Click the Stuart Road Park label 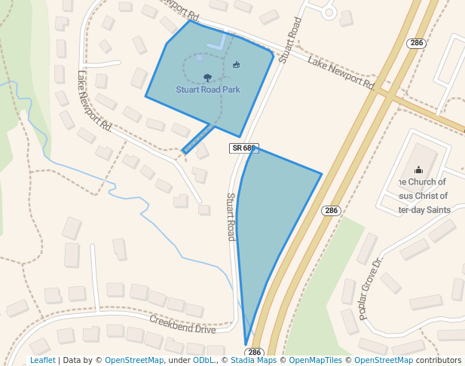(208, 90)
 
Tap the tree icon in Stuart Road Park (207, 78)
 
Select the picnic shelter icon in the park (237, 65)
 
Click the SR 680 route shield (244, 148)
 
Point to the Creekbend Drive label (182, 324)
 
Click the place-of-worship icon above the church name (419, 170)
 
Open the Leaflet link (42, 360)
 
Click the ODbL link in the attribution (203, 360)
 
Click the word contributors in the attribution (439, 360)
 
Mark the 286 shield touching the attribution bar (254, 352)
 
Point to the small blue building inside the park (200, 56)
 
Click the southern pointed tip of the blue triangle (246, 343)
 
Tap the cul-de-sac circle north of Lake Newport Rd (328, 12)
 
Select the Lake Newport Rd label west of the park (94, 101)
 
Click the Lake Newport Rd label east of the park (341, 72)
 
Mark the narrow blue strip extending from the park (197, 140)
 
